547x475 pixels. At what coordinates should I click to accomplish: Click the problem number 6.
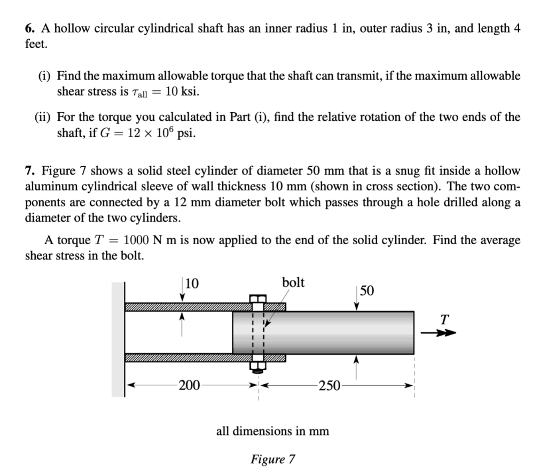pos(29,29)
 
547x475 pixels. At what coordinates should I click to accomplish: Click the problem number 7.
pos(29,171)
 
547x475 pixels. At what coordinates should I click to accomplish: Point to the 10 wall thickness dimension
pos(192,284)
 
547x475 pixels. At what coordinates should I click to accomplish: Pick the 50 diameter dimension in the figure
pos(367,291)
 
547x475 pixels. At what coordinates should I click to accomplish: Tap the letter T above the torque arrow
pos(444,320)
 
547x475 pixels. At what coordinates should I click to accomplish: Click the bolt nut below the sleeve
pos(257,367)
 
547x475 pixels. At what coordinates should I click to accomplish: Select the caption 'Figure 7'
pos(272,459)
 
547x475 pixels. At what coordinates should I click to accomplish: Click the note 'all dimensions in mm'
pos(272,431)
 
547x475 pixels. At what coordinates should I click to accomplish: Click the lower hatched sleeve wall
pos(187,357)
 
